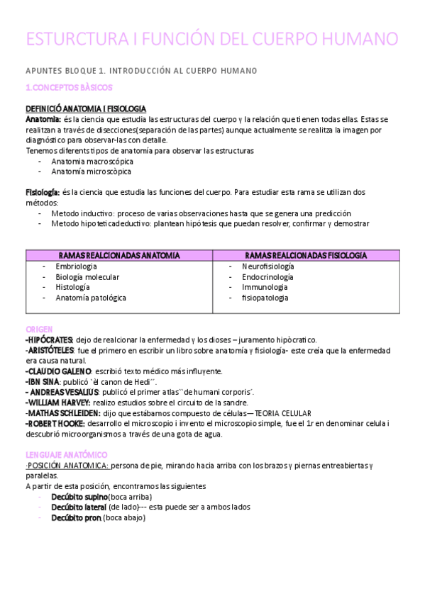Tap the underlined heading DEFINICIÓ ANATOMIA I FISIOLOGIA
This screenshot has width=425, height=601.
pos(86,108)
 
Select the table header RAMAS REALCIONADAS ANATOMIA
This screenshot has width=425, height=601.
pos(119,255)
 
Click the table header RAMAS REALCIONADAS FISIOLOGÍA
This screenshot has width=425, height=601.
pos(306,255)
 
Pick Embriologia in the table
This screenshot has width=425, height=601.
pos(77,266)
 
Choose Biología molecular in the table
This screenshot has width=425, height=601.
pos(87,277)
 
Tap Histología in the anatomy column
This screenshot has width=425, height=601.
pos(73,287)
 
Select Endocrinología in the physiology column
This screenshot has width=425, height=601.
pos(267,277)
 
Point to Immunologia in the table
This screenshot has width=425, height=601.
pos(265,287)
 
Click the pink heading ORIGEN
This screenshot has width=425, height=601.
pos(39,330)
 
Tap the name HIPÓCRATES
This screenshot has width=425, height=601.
pos(49,340)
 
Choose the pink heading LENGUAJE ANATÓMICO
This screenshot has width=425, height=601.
pos(66,454)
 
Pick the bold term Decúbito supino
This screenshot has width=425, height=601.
pos(79,497)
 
